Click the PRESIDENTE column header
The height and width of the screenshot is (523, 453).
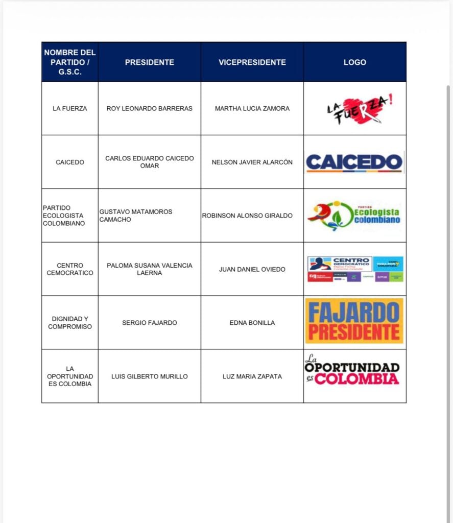coord(149,62)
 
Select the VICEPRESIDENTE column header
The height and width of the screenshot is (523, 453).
coord(252,62)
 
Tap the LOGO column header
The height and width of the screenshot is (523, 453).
coord(354,62)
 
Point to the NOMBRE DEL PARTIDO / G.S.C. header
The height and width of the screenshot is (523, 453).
coord(70,62)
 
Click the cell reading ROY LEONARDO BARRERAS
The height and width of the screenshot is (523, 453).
coord(149,108)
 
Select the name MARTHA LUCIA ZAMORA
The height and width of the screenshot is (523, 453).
coord(252,108)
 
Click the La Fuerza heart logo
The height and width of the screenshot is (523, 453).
coord(360,108)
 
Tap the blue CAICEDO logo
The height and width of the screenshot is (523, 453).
coord(354,162)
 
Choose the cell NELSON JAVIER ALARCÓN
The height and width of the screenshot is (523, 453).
coord(252,162)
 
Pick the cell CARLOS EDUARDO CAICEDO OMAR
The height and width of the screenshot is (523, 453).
coord(149,162)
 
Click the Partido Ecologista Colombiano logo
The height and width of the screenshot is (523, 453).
coord(354,216)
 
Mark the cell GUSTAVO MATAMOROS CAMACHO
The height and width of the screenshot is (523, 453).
coord(136,216)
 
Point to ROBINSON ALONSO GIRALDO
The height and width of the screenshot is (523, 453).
coord(247,216)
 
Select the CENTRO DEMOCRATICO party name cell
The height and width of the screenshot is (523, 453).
coord(70,269)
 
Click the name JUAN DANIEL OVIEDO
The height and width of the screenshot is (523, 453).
coord(252,269)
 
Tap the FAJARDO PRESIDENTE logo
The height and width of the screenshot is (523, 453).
coord(354,321)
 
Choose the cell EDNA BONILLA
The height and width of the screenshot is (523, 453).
coord(252,323)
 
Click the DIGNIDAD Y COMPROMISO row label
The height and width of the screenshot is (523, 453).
coord(70,323)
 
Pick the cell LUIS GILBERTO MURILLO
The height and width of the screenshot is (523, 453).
coord(149,376)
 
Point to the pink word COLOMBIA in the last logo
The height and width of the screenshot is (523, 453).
coord(356,379)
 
